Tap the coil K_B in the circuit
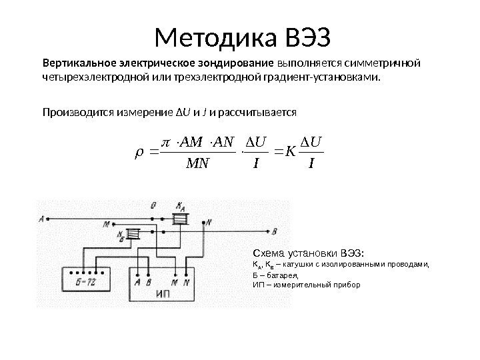coord(134,234)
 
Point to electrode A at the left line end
coord(43,218)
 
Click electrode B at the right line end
coord(275,231)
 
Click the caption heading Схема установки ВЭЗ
coord(307,253)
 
